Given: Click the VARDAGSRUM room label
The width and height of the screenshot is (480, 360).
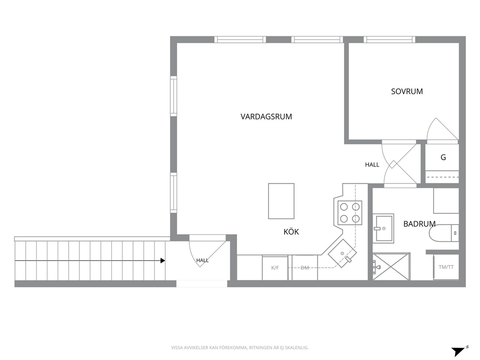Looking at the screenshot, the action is [266, 117].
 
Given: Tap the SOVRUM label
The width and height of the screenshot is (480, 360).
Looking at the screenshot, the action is [407, 91].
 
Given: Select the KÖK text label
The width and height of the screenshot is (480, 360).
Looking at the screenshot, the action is [291, 232].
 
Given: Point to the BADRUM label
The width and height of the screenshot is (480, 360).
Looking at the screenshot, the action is [419, 224].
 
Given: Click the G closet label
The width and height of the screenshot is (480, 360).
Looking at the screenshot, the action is [443, 157].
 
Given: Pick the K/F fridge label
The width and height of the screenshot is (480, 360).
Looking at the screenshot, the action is [275, 268].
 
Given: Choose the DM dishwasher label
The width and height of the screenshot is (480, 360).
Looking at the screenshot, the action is [304, 268].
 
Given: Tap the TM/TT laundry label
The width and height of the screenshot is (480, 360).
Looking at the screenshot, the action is [446, 267].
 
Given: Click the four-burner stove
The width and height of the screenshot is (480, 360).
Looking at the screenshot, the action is [349, 213].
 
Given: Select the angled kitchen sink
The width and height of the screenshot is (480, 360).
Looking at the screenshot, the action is [342, 254].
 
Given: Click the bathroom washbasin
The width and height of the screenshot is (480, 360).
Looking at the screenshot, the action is [383, 228].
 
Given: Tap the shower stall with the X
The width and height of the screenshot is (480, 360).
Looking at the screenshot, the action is [391, 266].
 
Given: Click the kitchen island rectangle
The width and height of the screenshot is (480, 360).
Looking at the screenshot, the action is [281, 201].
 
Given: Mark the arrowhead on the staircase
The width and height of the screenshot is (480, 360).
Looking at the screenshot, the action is [163, 261].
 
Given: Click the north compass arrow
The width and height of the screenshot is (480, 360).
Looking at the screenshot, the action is [459, 351].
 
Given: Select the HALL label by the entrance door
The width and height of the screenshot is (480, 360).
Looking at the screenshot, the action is [202, 260].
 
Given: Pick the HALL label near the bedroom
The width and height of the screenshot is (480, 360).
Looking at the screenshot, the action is [372, 165].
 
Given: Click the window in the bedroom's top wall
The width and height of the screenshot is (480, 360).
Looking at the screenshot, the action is [390, 40].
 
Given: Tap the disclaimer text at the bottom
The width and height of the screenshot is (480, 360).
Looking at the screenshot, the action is [240, 348].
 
